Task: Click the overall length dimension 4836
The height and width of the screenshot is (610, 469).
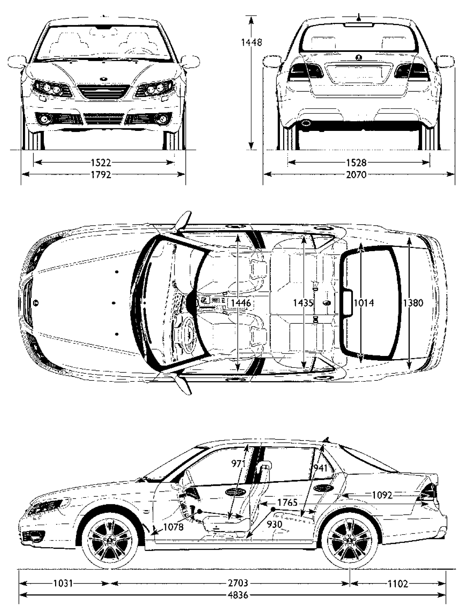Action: tap(239, 595)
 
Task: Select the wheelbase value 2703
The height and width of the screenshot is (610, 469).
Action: tap(239, 584)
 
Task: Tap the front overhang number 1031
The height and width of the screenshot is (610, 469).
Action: tap(63, 584)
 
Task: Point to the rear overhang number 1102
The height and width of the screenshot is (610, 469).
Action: tap(398, 584)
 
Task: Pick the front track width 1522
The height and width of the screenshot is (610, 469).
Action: tap(101, 162)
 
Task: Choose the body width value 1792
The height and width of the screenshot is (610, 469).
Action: tap(101, 174)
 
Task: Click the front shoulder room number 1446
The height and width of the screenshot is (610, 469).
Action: tap(241, 303)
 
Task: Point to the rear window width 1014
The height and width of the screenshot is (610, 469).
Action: tap(364, 303)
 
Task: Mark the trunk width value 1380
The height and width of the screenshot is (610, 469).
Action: tap(414, 303)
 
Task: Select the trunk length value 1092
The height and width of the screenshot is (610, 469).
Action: tap(382, 495)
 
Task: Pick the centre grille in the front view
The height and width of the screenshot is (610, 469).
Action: tap(101, 92)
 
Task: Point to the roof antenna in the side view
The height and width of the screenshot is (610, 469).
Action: tap(327, 439)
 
